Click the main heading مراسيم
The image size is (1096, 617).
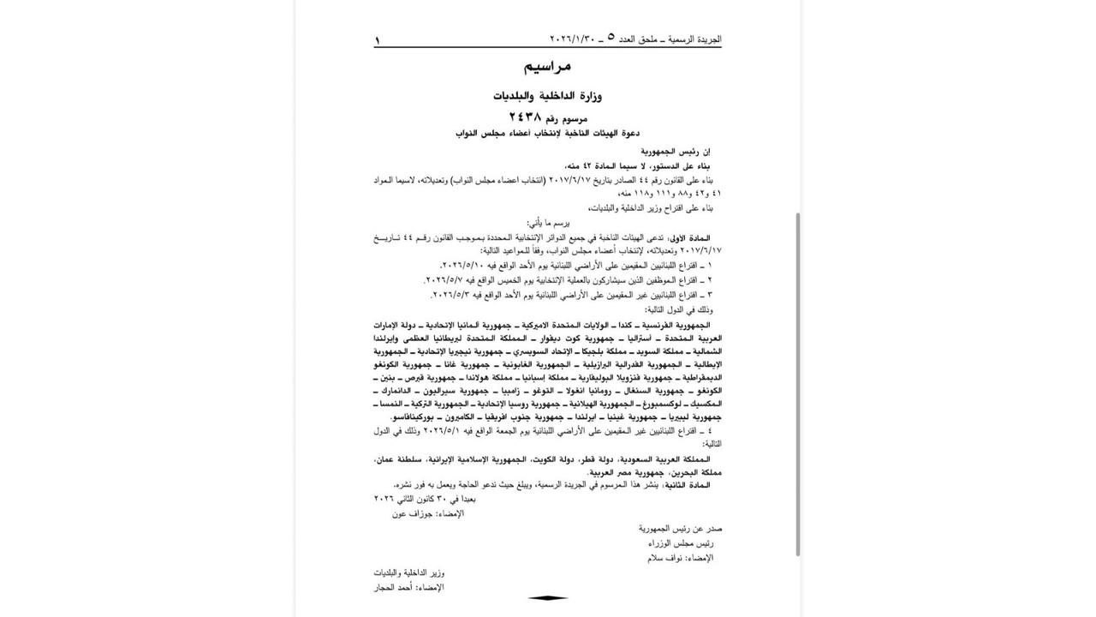[x=547, y=66]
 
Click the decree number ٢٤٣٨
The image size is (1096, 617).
[x=525, y=117]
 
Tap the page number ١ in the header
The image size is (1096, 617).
[x=377, y=39]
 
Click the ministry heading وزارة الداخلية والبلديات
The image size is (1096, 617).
[x=547, y=95]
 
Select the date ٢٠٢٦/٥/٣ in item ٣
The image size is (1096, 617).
[x=453, y=295]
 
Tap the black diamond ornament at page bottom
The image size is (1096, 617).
[x=547, y=598]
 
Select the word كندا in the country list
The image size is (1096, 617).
[x=629, y=326]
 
